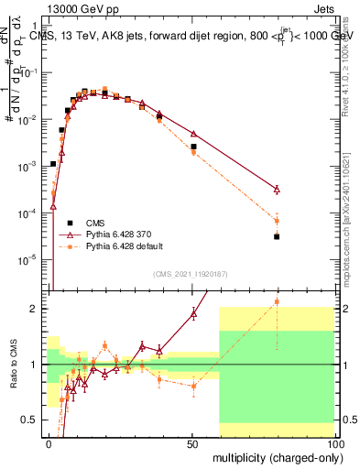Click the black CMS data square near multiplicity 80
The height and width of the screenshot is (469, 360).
[277, 236]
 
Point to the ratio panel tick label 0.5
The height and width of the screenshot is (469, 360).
[34, 420]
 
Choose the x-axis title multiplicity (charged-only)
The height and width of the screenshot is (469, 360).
[273, 456]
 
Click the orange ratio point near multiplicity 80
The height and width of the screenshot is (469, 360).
[277, 301]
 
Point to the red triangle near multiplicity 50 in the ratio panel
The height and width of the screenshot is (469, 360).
[193, 313]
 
